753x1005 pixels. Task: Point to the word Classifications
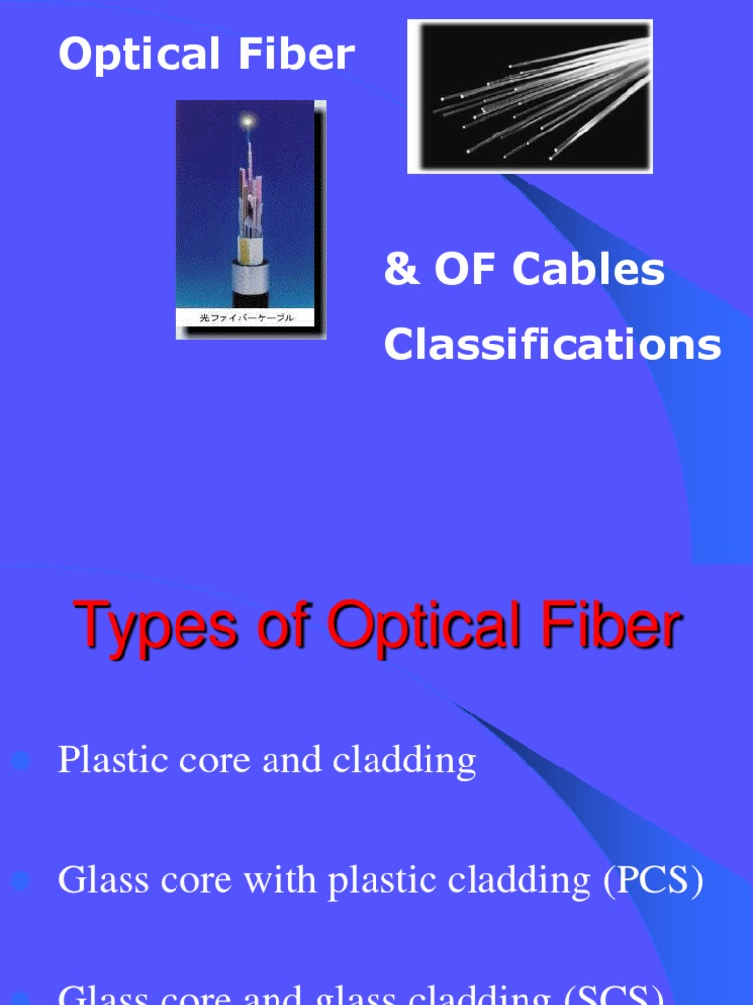click(x=552, y=344)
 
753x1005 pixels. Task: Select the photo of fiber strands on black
click(x=529, y=96)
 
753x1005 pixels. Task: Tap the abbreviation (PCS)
click(x=653, y=880)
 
